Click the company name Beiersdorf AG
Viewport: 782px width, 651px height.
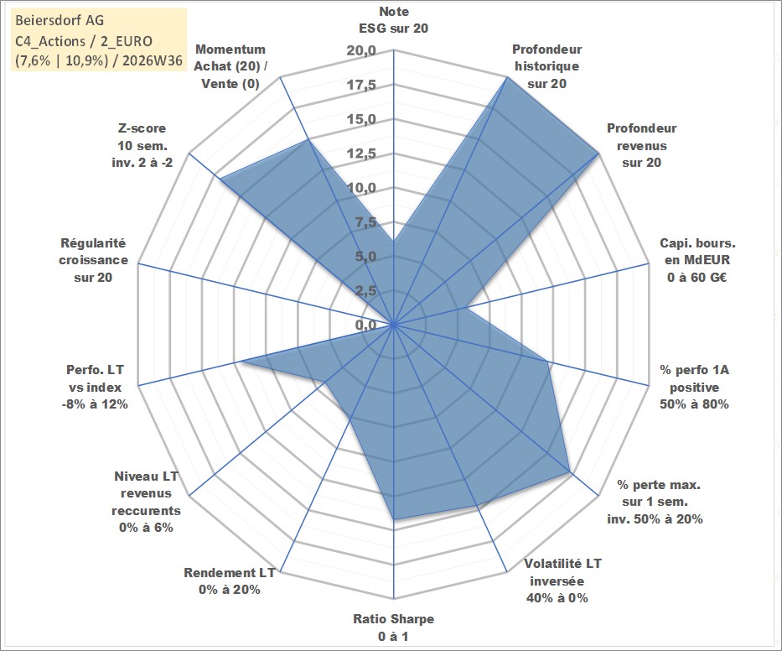click(60, 20)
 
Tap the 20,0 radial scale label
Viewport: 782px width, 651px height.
click(361, 51)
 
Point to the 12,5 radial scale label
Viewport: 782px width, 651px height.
click(361, 154)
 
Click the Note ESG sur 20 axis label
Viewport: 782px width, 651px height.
click(393, 20)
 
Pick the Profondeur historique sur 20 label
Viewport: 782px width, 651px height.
click(546, 66)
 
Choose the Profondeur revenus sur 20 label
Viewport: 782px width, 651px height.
click(641, 145)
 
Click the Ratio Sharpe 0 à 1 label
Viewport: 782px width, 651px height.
click(393, 628)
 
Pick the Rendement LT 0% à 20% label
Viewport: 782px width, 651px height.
click(230, 581)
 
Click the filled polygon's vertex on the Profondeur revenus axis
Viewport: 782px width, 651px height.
click(598, 154)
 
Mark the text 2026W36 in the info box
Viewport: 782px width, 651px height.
click(152, 60)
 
